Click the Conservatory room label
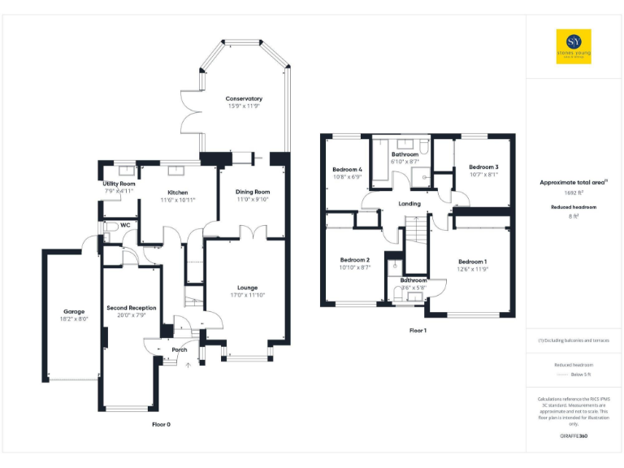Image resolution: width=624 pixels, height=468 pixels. [x=244, y=98]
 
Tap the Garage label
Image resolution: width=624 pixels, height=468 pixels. [x=75, y=311]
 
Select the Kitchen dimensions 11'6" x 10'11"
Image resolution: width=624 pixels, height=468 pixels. [x=178, y=200]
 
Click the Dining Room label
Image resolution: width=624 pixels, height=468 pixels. [x=253, y=192]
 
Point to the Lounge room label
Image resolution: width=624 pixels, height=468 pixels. [x=247, y=287]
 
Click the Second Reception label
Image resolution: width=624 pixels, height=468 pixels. [x=132, y=308]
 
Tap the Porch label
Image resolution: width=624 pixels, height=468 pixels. [x=179, y=350]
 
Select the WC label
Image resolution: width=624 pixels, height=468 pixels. [x=125, y=225]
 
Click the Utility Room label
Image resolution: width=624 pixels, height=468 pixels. [x=119, y=184]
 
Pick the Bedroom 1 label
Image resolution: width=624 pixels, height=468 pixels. [x=472, y=262]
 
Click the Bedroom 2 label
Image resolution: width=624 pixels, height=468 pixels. [x=354, y=259]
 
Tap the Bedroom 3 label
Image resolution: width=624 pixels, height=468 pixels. [x=483, y=167]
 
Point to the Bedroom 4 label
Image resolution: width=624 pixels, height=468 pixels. [x=347, y=169]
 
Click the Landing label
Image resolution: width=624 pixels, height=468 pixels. [x=409, y=203]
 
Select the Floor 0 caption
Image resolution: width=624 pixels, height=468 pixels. [x=162, y=424]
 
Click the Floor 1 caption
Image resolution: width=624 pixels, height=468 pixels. [x=418, y=331]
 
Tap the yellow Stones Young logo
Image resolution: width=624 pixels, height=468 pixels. [x=574, y=47]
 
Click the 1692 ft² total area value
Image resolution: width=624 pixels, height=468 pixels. [x=573, y=194]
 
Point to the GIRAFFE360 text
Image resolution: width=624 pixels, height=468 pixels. [x=574, y=436]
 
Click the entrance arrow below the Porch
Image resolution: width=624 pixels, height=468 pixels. [x=188, y=366]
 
